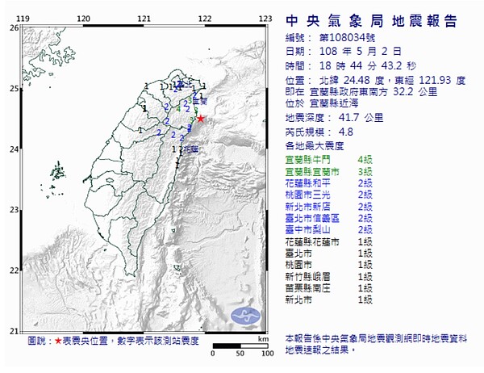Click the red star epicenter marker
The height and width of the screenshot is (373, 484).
click(x=200, y=119)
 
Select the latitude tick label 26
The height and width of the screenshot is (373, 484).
click(x=13, y=27)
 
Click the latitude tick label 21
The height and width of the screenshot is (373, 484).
click(x=13, y=331)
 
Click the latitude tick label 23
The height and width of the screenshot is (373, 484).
click(x=13, y=210)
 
